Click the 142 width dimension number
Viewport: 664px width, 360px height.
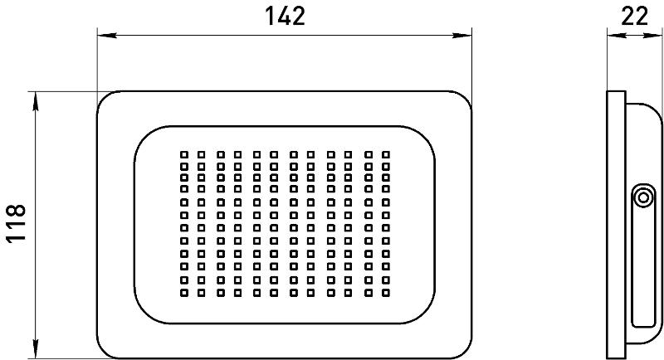pyautogui.click(x=285, y=16)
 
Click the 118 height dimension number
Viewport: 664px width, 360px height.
pyautogui.click(x=16, y=223)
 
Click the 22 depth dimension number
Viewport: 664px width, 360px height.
pyautogui.click(x=634, y=16)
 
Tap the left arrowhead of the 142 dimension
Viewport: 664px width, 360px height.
pyautogui.click(x=107, y=36)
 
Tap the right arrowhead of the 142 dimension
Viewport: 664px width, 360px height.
pyautogui.click(x=462, y=36)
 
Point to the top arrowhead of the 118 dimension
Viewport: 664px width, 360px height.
pyautogui.click(x=36, y=101)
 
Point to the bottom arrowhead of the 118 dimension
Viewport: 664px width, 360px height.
pyautogui.click(x=36, y=348)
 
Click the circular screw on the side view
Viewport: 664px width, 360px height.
pyautogui.click(x=643, y=197)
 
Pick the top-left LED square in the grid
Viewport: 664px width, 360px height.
pyautogui.click(x=184, y=155)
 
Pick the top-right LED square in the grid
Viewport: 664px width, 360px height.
pyautogui.click(x=385, y=155)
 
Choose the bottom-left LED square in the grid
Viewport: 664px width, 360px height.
pyautogui.click(x=184, y=292)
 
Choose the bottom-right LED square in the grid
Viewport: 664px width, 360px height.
pyautogui.click(x=385, y=292)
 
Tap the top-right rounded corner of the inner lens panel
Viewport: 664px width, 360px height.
pyautogui.click(x=426, y=134)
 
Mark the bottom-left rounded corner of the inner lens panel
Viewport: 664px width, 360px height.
pyautogui.click(x=143, y=314)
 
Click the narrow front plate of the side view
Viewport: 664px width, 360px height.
pyautogui.click(x=616, y=225)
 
